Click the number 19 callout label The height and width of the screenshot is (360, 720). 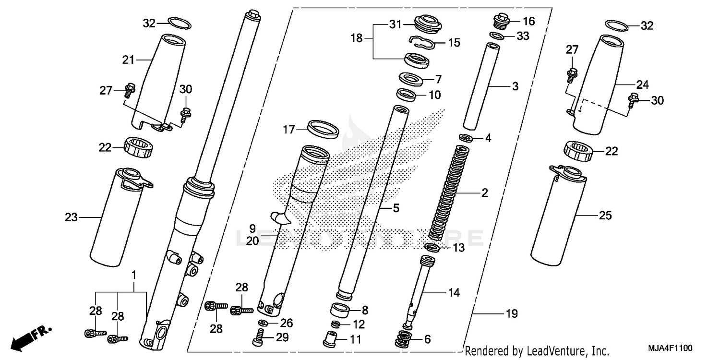click(x=511, y=314)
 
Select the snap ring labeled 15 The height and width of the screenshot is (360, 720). click(x=422, y=43)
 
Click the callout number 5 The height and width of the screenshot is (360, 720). click(x=396, y=209)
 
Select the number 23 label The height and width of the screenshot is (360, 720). click(x=71, y=217)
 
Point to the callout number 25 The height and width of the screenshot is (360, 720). click(x=605, y=216)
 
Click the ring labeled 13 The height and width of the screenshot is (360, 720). click(x=432, y=248)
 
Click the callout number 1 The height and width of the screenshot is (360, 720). click(x=133, y=276)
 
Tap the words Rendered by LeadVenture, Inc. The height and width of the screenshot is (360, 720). click(x=537, y=350)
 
